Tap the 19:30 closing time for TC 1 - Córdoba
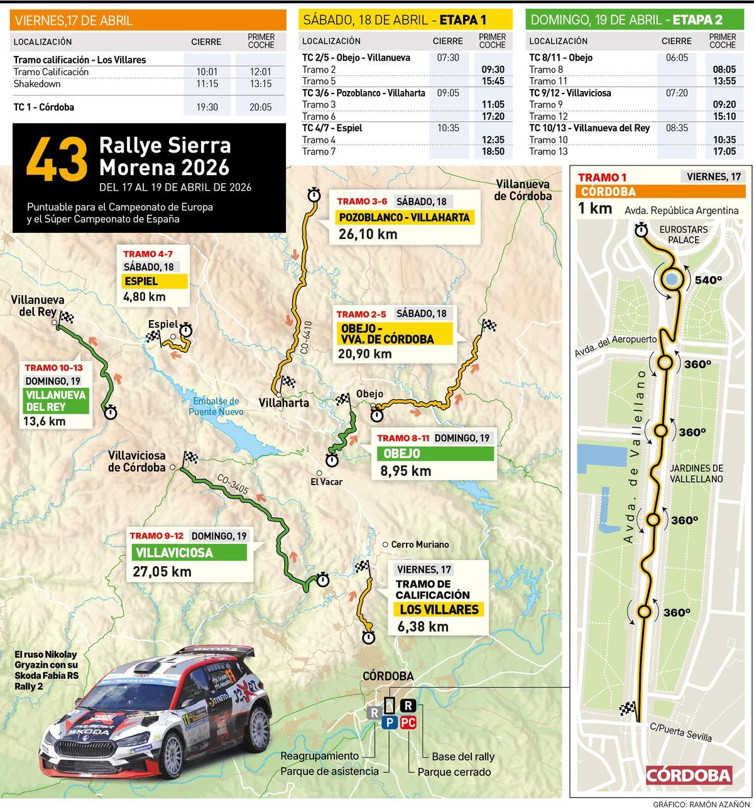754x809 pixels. coord(207,107)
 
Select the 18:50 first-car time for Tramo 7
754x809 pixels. coord(493,151)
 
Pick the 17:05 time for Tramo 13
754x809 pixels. coord(724,151)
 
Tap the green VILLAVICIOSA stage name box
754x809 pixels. coord(188,553)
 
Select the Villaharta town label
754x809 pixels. coord(284,402)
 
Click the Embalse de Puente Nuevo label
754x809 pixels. coord(215,407)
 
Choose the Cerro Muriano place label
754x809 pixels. coord(419,545)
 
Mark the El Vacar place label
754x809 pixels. coord(326,481)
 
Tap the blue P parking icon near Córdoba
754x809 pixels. coord(390,722)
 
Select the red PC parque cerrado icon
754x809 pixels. coord(408,722)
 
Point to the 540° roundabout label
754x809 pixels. coord(708,280)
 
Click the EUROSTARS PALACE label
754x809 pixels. coord(684,235)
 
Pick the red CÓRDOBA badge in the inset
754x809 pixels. coord(689,775)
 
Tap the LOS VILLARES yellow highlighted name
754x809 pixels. coord(439,609)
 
